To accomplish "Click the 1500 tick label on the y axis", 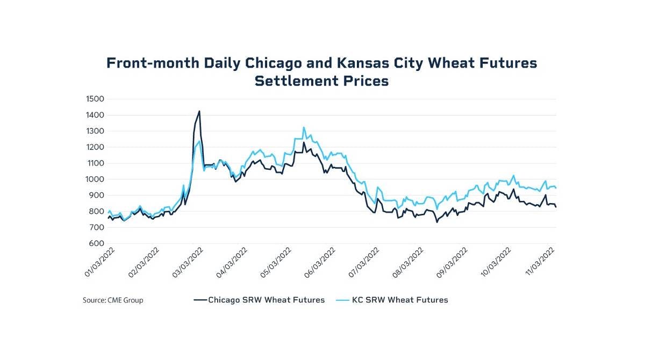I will (95, 99).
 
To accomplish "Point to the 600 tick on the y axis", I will (96, 244).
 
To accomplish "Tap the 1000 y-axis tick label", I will (95, 179).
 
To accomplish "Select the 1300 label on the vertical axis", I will (95, 131).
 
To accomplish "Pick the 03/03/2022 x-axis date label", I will (189, 262).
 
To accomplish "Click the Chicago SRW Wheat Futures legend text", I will (266, 300).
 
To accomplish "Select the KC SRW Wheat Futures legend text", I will (399, 300).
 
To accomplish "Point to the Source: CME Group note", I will (113, 300).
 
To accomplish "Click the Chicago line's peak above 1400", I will (199, 111).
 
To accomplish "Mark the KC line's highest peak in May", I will (304, 127).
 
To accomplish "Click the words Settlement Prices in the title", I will (321, 82).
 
